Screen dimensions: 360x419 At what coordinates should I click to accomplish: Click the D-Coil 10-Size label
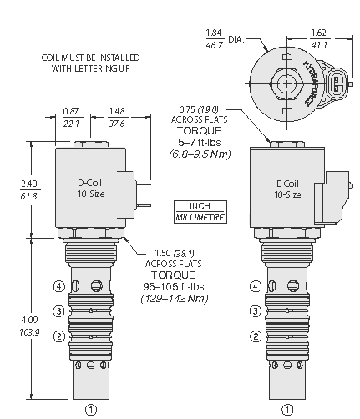tap(91, 189)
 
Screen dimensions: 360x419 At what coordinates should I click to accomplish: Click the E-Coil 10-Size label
tap(287, 189)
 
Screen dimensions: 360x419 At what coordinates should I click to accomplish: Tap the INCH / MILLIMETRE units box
tap(200, 212)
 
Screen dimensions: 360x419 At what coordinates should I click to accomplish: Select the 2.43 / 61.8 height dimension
tap(29, 190)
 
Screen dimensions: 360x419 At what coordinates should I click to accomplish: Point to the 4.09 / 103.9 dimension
tap(29, 326)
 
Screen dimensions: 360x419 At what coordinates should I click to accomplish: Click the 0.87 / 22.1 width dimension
tap(71, 118)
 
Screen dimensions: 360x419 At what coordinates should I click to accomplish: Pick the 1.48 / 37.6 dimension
tap(117, 118)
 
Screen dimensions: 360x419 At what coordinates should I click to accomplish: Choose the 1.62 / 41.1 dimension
tap(318, 39)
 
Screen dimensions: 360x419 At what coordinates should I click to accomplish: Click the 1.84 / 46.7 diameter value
tap(214, 39)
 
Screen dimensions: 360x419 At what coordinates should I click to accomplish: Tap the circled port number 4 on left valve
tap(59, 286)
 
